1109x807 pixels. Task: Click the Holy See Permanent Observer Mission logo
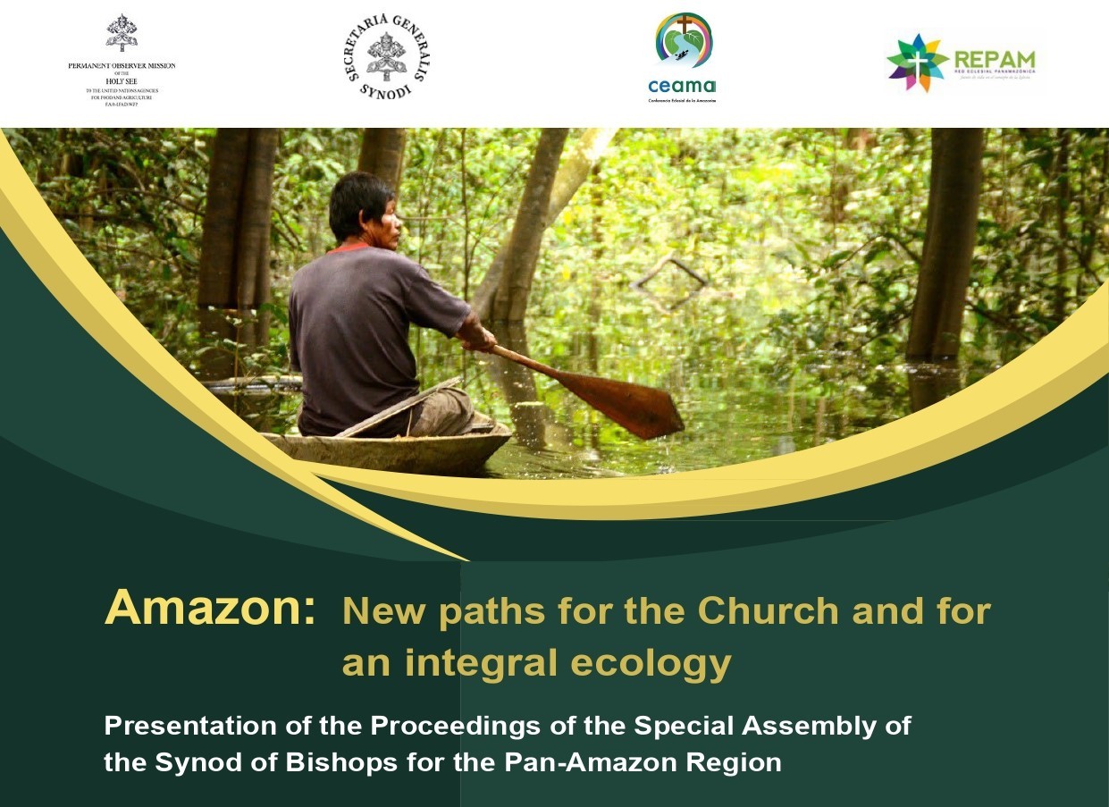click(122, 58)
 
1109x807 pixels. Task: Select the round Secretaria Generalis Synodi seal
click(387, 56)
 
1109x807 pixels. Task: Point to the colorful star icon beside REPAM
click(916, 63)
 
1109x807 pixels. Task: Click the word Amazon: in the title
click(209, 609)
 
